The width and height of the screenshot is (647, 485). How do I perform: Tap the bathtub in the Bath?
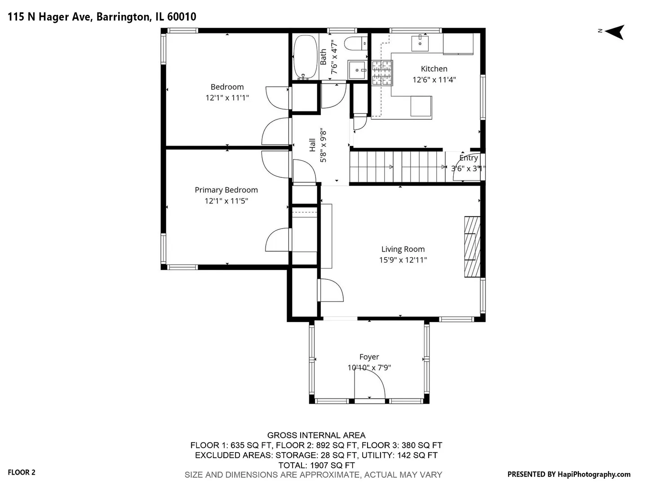(306, 57)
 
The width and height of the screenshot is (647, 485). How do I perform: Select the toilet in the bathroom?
(356, 44)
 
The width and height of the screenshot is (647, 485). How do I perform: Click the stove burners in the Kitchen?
(382, 73)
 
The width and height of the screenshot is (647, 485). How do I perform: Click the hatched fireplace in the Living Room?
(472, 247)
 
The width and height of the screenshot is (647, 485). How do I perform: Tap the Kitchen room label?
(434, 69)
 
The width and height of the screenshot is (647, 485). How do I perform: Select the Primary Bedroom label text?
(226, 190)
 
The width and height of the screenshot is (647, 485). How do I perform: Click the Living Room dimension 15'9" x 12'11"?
(403, 260)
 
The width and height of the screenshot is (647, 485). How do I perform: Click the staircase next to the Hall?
(397, 167)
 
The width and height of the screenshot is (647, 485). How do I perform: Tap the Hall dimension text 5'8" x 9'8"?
(323, 145)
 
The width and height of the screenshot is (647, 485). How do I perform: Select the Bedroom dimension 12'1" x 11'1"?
(227, 98)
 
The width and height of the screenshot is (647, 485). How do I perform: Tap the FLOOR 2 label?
(22, 472)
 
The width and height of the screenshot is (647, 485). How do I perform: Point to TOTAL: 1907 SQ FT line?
(317, 465)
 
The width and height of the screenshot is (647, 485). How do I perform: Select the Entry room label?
(469, 158)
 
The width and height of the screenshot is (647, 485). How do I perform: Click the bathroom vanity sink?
(357, 70)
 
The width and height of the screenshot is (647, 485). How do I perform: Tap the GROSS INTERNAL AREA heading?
(316, 435)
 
